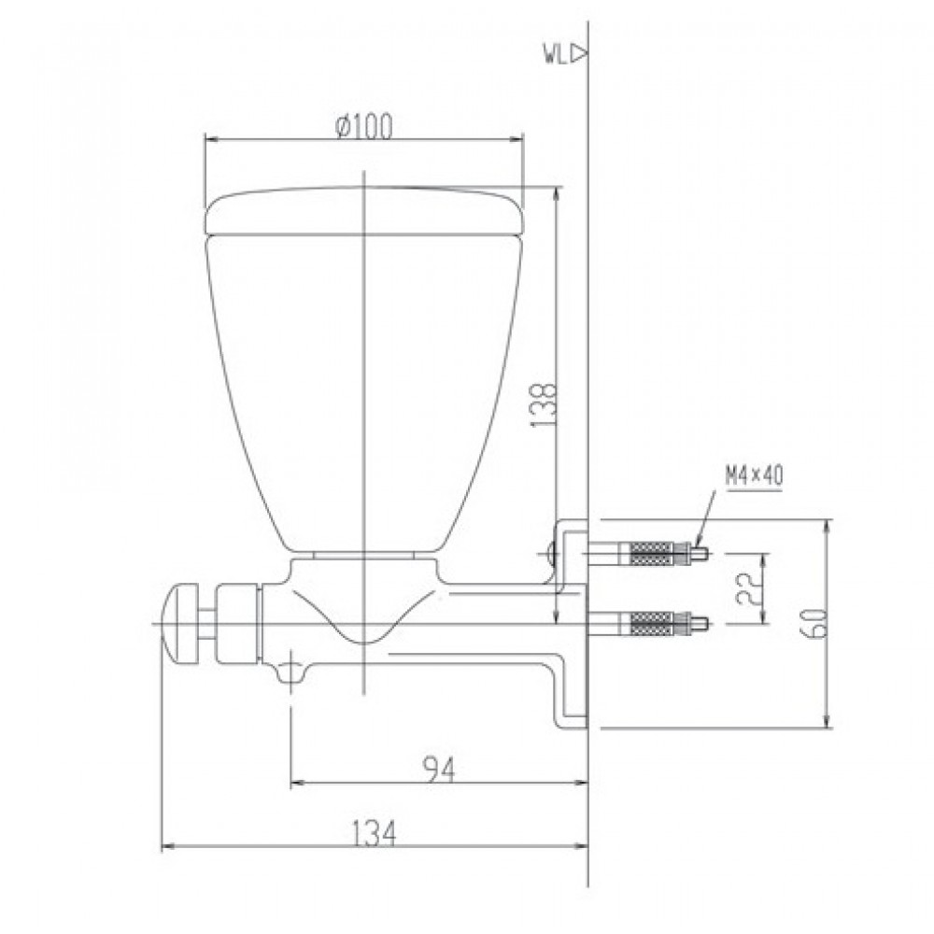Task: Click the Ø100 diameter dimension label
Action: click(361, 124)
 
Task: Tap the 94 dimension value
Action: click(437, 770)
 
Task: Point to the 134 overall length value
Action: click(375, 833)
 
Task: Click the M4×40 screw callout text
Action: click(753, 475)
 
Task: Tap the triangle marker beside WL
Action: click(578, 53)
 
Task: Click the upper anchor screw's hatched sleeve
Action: click(645, 554)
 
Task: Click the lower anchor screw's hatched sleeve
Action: click(645, 622)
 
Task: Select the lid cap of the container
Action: click(363, 210)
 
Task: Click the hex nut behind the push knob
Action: click(236, 623)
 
